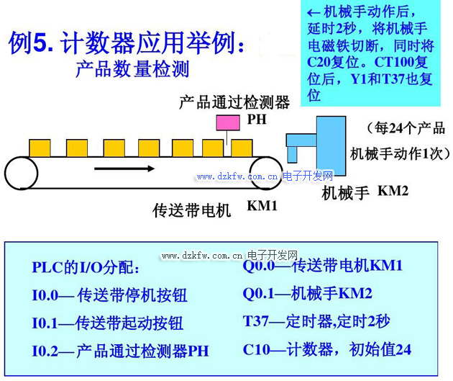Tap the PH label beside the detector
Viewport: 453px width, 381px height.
click(x=257, y=120)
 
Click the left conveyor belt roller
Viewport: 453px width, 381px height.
click(x=20, y=173)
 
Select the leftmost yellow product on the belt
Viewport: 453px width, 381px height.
click(x=40, y=148)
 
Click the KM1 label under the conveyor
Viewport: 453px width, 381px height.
click(x=262, y=206)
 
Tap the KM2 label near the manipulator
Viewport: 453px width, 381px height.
click(x=393, y=191)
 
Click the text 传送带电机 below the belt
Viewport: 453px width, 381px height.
click(x=192, y=210)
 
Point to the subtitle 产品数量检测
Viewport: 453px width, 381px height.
click(x=132, y=70)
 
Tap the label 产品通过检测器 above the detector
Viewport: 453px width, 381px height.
click(x=234, y=102)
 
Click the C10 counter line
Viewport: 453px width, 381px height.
click(x=327, y=349)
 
